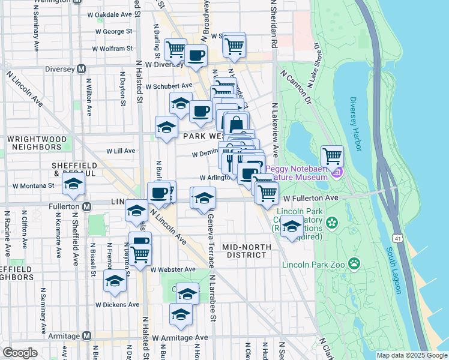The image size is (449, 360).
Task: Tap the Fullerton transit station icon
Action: [x=87, y=206]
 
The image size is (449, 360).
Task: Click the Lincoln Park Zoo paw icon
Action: [x=355, y=262]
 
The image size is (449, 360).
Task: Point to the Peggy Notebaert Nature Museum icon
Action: [x=337, y=173]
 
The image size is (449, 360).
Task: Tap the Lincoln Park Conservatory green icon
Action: [x=331, y=223]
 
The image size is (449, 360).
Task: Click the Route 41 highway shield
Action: [x=397, y=230]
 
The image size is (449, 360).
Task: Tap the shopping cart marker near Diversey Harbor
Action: [x=332, y=157]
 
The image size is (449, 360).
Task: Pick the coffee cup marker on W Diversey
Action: [x=196, y=56]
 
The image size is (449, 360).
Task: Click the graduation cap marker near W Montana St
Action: [x=73, y=184]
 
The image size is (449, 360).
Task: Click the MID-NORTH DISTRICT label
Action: [x=244, y=250]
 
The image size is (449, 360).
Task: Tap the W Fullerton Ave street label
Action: [x=307, y=197]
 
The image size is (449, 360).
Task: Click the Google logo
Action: [x=20, y=353]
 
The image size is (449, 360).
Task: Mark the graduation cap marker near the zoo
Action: [x=292, y=227]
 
